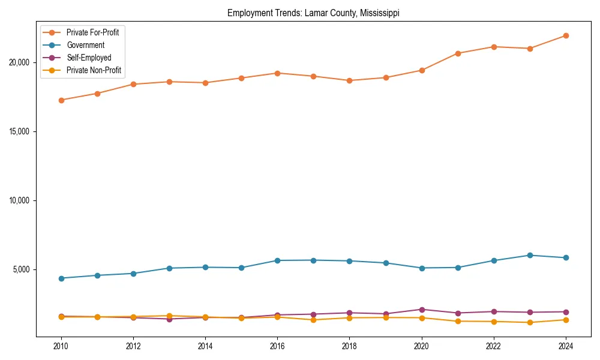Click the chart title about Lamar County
(x=313, y=13)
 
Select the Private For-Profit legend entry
(x=92, y=32)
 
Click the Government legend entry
(x=85, y=45)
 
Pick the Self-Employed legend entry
(x=89, y=58)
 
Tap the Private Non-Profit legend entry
(x=94, y=70)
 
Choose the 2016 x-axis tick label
(x=277, y=346)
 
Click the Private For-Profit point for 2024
(x=566, y=36)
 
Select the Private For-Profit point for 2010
(x=61, y=100)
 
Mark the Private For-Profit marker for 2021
(x=458, y=53)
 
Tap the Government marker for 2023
(x=530, y=256)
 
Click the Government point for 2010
(x=61, y=278)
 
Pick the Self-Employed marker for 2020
(x=422, y=310)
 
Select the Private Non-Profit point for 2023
(x=530, y=323)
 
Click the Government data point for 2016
(x=277, y=260)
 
